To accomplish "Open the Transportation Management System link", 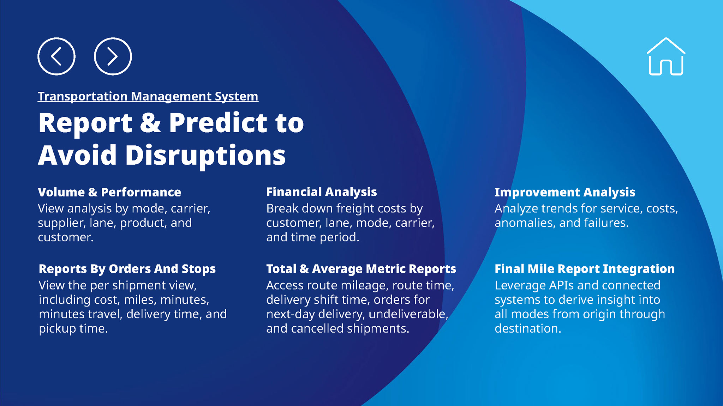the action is pyautogui.click(x=148, y=96).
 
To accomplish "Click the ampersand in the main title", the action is pyautogui.click(x=150, y=123).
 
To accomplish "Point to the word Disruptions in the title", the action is pyautogui.click(x=205, y=155).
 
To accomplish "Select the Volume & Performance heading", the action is pyautogui.click(x=109, y=192).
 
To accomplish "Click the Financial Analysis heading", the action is pyautogui.click(x=322, y=192).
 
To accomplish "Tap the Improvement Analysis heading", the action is pyautogui.click(x=565, y=192).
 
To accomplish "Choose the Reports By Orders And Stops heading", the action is pyautogui.click(x=127, y=269).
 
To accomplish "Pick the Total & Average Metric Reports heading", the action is pyautogui.click(x=361, y=269).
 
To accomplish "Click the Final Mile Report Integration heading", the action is pyautogui.click(x=585, y=269).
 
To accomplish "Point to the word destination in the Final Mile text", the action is pyautogui.click(x=528, y=329).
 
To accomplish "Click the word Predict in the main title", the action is pyautogui.click(x=218, y=123).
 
